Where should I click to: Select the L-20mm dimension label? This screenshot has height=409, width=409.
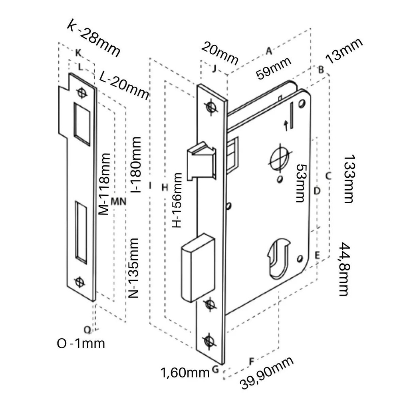123,85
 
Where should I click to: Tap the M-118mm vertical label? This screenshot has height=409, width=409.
104,184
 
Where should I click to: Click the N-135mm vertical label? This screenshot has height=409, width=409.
134,268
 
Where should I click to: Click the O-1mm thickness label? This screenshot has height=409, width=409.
81,343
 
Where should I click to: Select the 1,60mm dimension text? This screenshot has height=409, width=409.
185,373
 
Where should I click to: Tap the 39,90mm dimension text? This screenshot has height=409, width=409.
267,373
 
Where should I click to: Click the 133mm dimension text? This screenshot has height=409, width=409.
348,179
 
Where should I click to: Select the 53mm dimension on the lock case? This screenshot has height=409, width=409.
301,183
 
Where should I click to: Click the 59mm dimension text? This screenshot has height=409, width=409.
274,68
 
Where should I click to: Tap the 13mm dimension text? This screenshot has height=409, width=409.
344,51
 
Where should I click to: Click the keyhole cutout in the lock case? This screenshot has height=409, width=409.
278,258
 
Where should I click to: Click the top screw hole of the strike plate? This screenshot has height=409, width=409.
83,93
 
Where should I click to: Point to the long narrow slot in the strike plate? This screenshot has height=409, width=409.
81,232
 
